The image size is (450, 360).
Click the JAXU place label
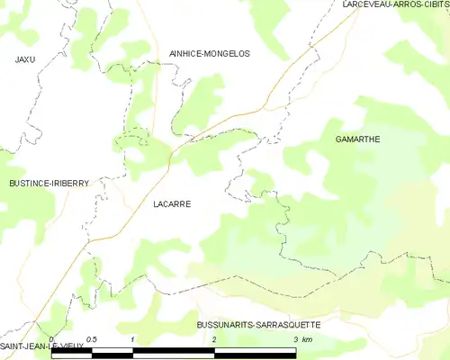click(x=24, y=59)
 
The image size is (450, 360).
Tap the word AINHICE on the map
click(x=186, y=54)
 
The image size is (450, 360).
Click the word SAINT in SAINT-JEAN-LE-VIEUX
click(x=15, y=346)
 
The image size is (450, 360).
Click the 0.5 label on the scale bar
click(x=92, y=339)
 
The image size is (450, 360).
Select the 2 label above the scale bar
click(x=214, y=339)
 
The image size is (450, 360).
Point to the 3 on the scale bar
click(x=296, y=339)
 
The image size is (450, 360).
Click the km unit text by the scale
click(x=308, y=339)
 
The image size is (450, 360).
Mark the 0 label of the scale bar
click(x=52, y=339)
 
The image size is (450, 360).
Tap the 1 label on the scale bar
click(x=133, y=339)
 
